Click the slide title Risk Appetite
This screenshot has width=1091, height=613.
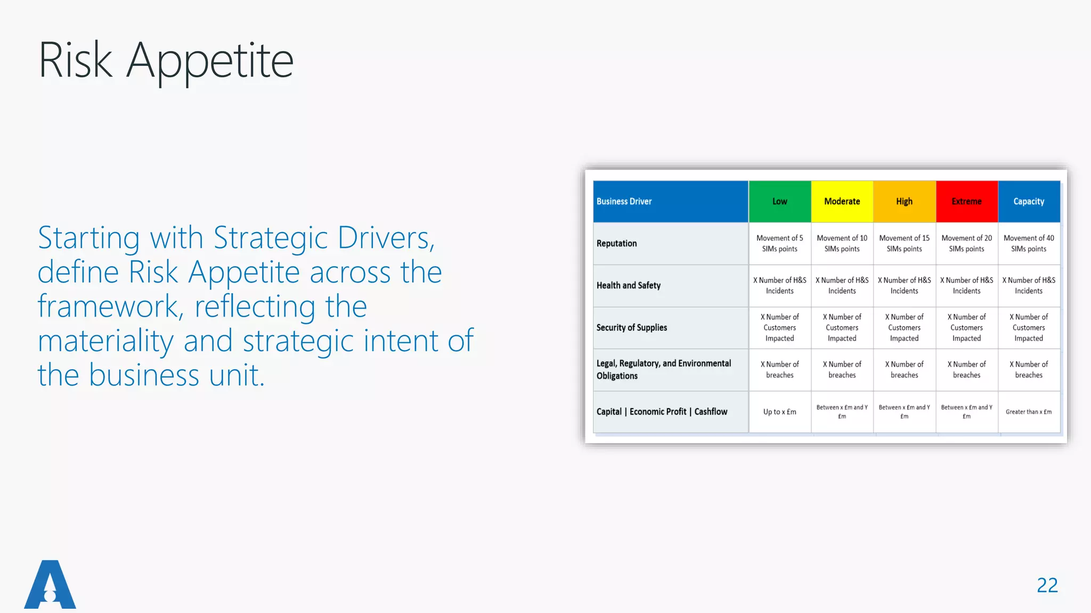[166, 61]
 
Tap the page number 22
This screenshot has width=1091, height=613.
[1047, 585]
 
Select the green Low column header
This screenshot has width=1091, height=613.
[779, 202]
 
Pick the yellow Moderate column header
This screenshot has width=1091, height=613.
[842, 202]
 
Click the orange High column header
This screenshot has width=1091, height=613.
[904, 202]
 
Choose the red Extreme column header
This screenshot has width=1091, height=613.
[966, 202]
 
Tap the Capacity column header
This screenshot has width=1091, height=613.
[1029, 202]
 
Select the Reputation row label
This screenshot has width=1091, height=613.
[616, 244]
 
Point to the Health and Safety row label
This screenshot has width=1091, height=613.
[628, 286]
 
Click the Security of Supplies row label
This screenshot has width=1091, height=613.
[631, 328]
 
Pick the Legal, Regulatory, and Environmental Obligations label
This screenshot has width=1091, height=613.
[663, 369]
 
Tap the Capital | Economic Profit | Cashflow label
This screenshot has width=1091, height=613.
[662, 412]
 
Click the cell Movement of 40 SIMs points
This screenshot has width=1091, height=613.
[1029, 244]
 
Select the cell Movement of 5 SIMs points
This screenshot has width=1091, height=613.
[779, 244]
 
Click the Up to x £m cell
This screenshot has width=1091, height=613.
[779, 412]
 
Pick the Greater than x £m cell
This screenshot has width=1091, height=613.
[1029, 412]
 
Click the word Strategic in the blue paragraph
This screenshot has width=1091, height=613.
[270, 238]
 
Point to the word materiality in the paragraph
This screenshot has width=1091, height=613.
[105, 341]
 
